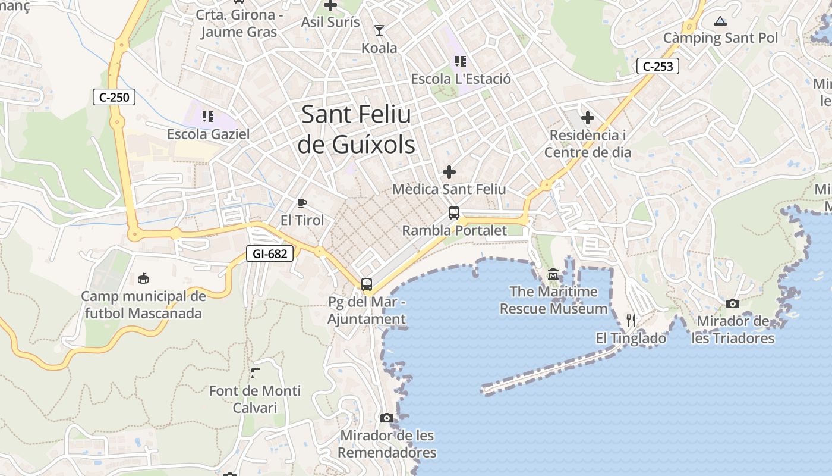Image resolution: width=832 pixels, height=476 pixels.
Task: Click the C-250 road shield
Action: click(x=114, y=97)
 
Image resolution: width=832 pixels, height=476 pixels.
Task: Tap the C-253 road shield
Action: click(x=658, y=66)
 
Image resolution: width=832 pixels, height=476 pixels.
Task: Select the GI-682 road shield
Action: click(x=270, y=254)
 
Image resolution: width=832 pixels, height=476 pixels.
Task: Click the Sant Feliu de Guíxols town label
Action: click(x=356, y=129)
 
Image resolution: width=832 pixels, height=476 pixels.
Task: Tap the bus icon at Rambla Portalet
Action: click(x=454, y=213)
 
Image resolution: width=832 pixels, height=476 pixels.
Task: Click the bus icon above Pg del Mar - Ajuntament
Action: click(x=367, y=284)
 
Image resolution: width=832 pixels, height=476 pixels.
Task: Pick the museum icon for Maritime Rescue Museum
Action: click(x=553, y=274)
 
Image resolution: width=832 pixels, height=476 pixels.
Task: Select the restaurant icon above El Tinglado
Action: click(x=631, y=321)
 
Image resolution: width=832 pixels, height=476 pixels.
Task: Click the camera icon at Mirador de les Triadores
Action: click(x=733, y=304)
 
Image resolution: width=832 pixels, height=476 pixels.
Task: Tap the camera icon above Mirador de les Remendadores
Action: click(x=387, y=418)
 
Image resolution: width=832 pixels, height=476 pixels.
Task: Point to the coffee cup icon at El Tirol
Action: click(x=302, y=203)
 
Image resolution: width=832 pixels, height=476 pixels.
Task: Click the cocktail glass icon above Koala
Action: click(x=379, y=30)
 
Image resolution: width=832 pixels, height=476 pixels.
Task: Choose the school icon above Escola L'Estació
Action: click(x=460, y=61)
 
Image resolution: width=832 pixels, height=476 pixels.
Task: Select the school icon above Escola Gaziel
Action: click(x=207, y=116)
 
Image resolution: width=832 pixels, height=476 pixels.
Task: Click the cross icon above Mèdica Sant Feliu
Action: click(x=449, y=172)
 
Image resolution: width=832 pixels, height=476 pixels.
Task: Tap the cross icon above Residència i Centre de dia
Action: click(x=588, y=118)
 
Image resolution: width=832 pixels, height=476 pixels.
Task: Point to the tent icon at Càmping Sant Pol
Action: click(x=720, y=21)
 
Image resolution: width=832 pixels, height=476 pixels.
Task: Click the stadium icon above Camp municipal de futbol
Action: click(x=143, y=278)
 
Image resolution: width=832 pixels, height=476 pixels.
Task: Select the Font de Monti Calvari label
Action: click(x=254, y=399)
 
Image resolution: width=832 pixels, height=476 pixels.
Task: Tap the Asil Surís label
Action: click(x=330, y=22)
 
